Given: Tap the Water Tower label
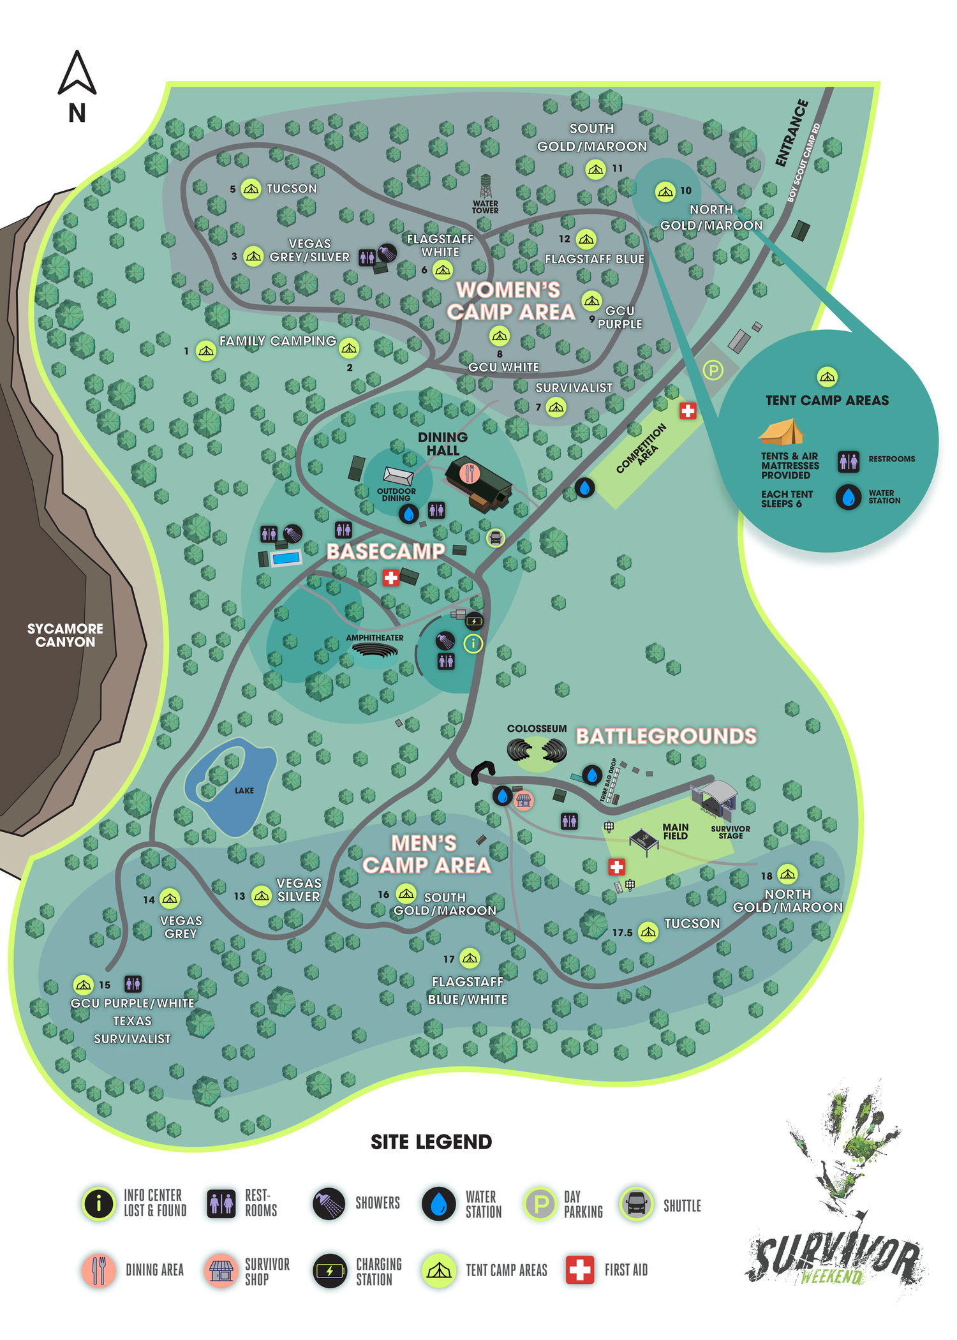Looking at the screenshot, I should (x=486, y=207).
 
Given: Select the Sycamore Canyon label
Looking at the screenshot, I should (x=65, y=635).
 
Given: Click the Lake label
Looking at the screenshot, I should (x=244, y=791).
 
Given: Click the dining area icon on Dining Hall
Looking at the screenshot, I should (x=470, y=473).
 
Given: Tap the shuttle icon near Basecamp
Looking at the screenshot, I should (x=496, y=537).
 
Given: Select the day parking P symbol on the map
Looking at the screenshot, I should (x=713, y=370).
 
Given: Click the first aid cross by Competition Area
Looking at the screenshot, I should (x=687, y=411).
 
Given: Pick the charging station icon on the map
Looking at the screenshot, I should (x=474, y=621).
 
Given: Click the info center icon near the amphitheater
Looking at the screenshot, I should (x=473, y=644).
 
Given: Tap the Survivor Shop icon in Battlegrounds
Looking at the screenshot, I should (x=523, y=800).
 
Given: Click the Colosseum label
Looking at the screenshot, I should (x=537, y=729).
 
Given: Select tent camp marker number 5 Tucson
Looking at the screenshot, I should (x=251, y=188).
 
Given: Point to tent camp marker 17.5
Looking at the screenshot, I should (x=648, y=932).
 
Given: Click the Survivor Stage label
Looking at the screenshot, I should (x=731, y=832).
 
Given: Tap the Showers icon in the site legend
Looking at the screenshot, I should (x=329, y=1203).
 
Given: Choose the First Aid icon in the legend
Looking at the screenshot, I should (x=580, y=1269).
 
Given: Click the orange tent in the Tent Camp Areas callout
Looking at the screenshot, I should (x=781, y=432).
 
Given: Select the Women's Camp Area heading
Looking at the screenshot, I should (x=510, y=301).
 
